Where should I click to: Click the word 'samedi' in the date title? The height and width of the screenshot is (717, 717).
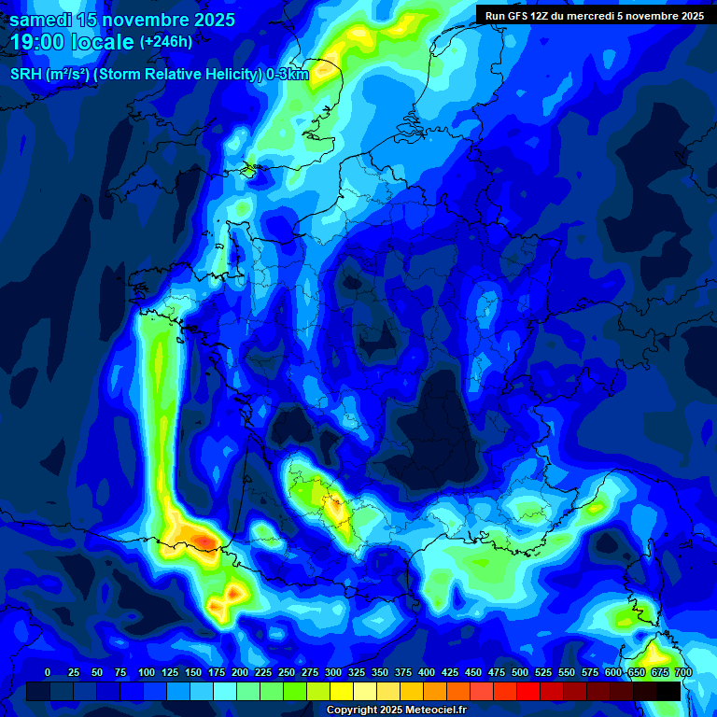(x=43, y=20)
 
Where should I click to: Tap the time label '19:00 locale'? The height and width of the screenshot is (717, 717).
(x=72, y=42)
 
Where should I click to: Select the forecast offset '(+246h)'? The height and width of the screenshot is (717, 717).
(x=165, y=42)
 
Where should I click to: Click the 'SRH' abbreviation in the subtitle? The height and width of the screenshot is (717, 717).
(x=26, y=75)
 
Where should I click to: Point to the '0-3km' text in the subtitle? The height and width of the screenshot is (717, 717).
(x=288, y=75)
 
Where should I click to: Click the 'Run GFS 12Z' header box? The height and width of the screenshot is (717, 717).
(x=594, y=15)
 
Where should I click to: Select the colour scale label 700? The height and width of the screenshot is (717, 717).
(x=683, y=672)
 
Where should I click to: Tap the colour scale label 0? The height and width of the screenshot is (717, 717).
(x=48, y=672)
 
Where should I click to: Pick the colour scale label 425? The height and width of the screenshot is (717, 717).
(x=427, y=672)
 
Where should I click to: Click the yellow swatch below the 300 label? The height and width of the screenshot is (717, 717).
(x=342, y=691)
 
